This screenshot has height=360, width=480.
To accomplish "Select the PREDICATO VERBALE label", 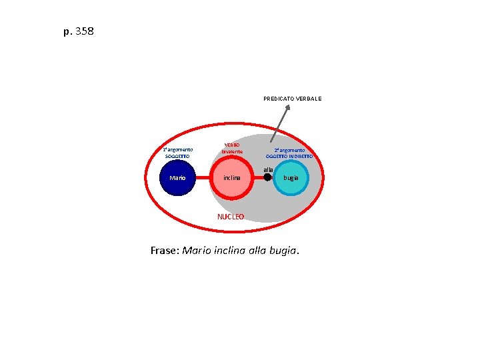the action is pos(292,99).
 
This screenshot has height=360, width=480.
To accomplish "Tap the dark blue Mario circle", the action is pos(177,178).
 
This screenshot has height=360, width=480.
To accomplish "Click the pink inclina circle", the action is pos(231,178).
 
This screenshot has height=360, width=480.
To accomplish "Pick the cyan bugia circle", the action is pos(291,178).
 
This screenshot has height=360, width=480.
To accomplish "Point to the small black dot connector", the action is pos(267,178).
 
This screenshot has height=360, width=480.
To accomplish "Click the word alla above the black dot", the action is pos(268,169).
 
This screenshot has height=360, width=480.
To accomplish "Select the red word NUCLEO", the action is pos(231,217).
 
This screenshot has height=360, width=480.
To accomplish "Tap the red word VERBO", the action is pos(232,145).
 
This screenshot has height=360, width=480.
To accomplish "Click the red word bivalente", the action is pos(232,152).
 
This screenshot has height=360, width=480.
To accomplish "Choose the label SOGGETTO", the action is pos(177,156).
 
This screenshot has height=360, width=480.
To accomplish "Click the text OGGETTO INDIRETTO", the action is pos(289,156).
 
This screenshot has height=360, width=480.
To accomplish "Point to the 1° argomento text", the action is pos(178,149).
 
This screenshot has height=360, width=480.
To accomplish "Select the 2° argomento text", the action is pos(289,150).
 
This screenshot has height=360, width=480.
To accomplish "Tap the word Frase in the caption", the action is pos(163,251).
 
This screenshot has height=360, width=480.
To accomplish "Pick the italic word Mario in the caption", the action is pos(197,251).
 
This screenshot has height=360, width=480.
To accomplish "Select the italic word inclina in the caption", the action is pos(233,251).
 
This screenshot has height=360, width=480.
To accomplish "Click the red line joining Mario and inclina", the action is pos(203,178).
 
